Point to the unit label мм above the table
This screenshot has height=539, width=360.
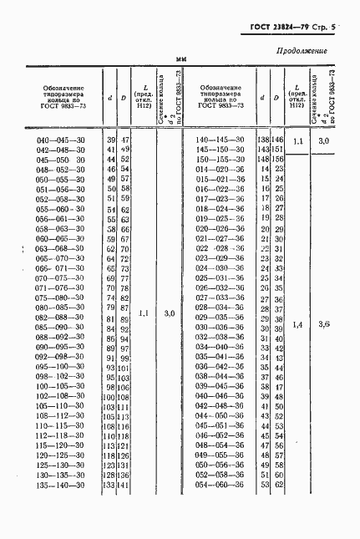click(181, 58)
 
